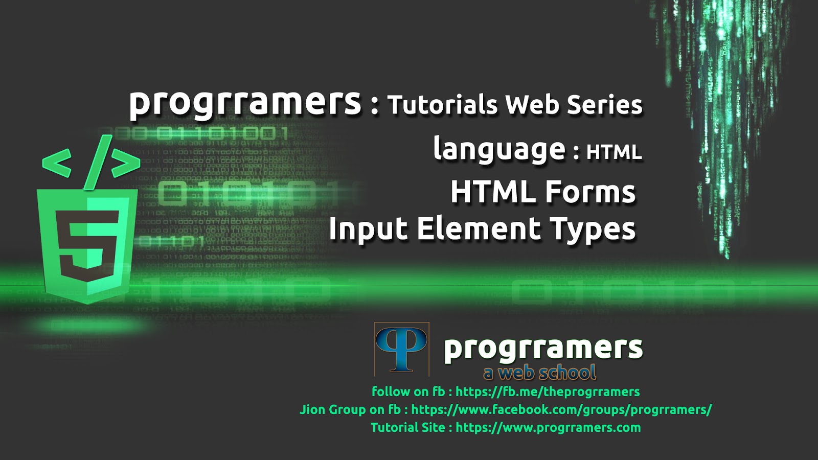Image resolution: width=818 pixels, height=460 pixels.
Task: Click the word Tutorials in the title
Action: (442, 105)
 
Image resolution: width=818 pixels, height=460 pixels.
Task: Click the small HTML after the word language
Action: (613, 152)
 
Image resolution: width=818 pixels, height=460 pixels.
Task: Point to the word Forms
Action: (590, 192)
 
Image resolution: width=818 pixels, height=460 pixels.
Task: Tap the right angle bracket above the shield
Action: (126, 164)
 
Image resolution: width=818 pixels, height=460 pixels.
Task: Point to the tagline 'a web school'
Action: (540, 373)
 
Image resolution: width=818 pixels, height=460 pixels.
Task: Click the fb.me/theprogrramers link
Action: (548, 392)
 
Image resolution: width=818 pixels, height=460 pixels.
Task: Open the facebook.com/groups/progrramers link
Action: (561, 409)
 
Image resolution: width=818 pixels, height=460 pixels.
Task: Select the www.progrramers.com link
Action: (548, 427)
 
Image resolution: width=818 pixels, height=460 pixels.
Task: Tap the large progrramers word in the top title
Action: (245, 102)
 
